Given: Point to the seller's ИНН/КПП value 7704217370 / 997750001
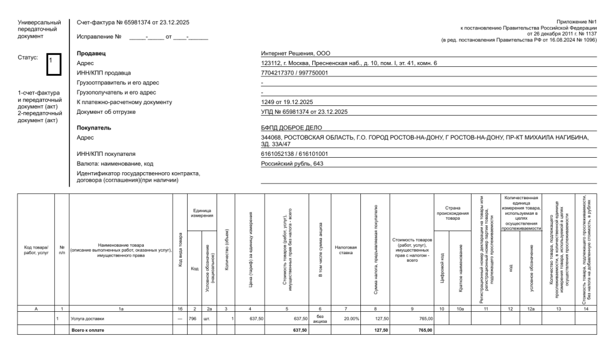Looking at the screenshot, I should [x=294, y=73].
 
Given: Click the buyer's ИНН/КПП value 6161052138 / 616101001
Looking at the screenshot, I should [x=294, y=154].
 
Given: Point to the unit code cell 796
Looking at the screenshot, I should [x=193, y=318].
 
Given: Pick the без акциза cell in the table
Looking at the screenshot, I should [x=321, y=318].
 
